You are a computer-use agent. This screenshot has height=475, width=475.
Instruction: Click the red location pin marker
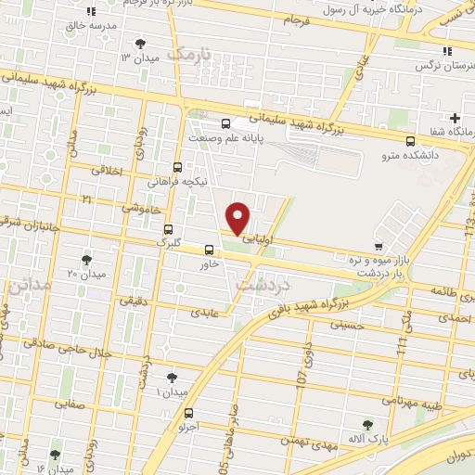(x=238, y=217)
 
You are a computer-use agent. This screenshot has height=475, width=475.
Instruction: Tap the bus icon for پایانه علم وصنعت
(x=225, y=123)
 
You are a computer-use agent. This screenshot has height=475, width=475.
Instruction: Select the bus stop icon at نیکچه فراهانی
(x=177, y=167)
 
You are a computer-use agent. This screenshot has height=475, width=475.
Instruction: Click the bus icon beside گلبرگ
(x=168, y=229)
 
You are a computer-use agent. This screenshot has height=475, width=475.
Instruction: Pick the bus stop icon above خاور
(x=209, y=249)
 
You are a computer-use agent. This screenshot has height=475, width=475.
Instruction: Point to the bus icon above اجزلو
(x=189, y=413)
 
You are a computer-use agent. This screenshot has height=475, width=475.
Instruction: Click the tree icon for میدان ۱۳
(x=140, y=43)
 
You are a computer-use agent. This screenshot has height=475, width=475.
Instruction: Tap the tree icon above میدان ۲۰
(x=86, y=259)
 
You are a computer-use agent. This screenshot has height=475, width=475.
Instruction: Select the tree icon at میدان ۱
(x=171, y=378)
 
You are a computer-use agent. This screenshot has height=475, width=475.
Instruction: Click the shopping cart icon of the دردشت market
(x=378, y=246)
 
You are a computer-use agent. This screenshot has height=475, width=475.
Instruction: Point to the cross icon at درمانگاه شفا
(x=455, y=118)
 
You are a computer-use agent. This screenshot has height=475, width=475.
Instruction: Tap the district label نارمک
(x=195, y=53)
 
